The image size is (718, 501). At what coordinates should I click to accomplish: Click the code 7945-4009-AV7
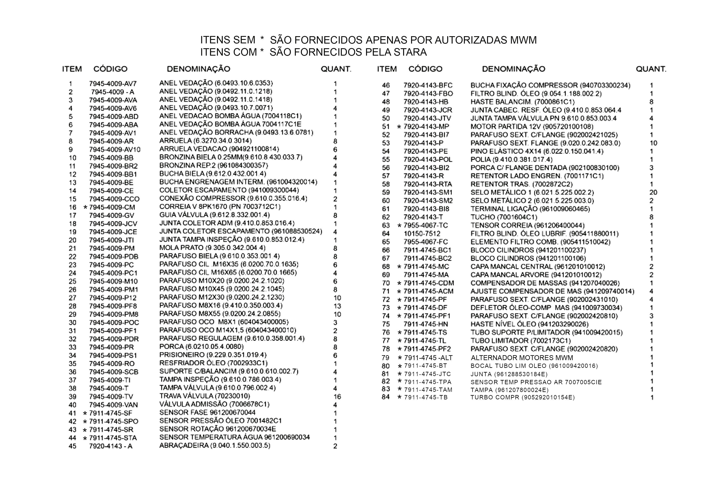pyautogui.click(x=113, y=84)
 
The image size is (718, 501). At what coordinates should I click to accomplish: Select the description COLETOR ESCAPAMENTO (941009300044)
pyautogui.click(x=229, y=190)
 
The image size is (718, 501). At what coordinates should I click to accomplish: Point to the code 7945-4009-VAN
pyautogui.click(x=113, y=405)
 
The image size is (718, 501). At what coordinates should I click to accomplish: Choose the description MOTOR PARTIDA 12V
pyautogui.click(x=532, y=127)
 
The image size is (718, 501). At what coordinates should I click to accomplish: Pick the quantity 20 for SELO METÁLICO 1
pyautogui.click(x=653, y=192)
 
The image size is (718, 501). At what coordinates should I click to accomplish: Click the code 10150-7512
pyautogui.click(x=422, y=234)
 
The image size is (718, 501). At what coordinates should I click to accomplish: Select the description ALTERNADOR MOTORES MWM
pyautogui.click(x=522, y=358)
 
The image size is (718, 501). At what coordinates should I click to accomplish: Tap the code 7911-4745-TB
pyautogui.click(x=426, y=397)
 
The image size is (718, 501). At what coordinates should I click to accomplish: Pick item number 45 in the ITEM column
pyautogui.click(x=72, y=446)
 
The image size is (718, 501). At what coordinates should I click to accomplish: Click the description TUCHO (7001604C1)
pyautogui.click(x=504, y=217)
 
